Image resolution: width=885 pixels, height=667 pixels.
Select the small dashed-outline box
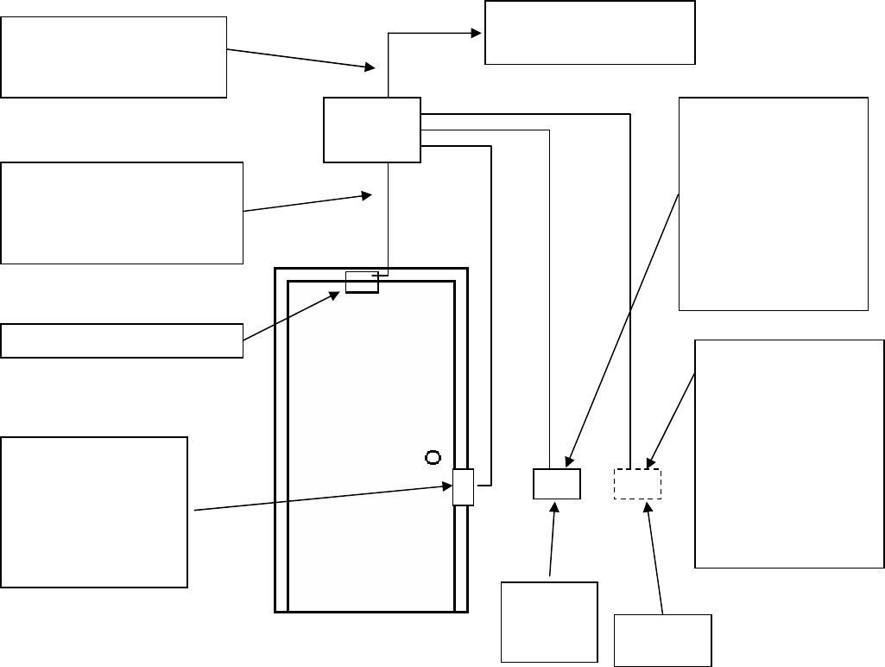click(x=637, y=484)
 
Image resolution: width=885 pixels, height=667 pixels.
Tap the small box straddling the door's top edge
click(x=362, y=282)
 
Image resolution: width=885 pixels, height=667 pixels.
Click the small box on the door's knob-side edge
click(x=464, y=486)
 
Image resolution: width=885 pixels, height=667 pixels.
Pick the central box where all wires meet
click(x=371, y=130)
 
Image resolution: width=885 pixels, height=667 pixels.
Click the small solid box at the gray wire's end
click(x=556, y=484)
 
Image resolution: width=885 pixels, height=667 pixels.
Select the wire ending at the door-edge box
click(x=491, y=302)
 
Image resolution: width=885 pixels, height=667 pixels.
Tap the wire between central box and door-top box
click(x=389, y=216)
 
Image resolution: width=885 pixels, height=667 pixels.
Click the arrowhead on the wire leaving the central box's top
click(x=476, y=34)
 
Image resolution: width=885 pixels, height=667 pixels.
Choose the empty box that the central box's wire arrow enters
click(x=590, y=33)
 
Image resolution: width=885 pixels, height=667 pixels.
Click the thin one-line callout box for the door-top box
click(x=121, y=340)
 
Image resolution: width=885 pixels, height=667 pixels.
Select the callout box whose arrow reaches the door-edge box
click(x=94, y=511)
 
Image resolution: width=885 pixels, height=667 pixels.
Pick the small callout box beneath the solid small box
click(x=549, y=621)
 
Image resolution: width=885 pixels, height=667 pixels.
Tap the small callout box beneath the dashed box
click(x=662, y=640)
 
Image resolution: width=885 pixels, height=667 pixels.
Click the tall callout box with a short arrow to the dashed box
click(x=789, y=453)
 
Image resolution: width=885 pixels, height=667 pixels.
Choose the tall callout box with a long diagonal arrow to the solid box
click(x=773, y=203)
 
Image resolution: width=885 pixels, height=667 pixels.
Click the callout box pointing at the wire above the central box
click(x=113, y=56)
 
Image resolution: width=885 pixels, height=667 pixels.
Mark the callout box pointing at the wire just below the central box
click(x=121, y=212)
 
